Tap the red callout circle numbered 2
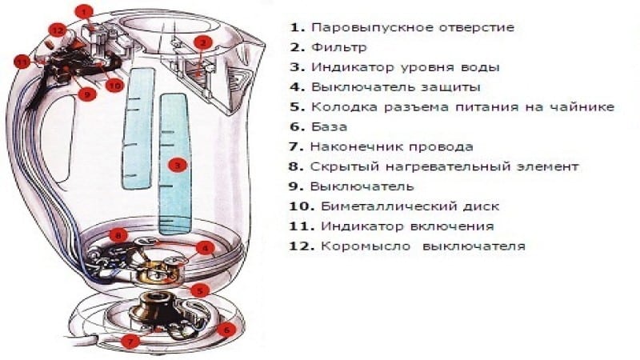point(203,42)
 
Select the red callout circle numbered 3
point(178,165)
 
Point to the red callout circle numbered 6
point(226,329)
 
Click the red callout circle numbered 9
point(86,94)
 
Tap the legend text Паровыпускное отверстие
point(412,26)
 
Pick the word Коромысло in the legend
point(366,246)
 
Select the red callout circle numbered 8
point(118,235)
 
